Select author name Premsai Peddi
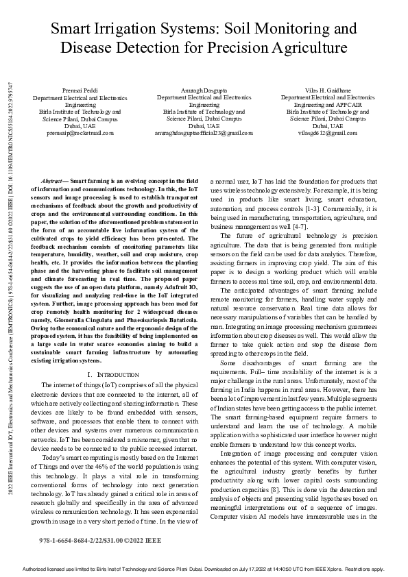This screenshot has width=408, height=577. coord(84,90)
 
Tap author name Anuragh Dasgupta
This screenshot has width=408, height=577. coord(204,90)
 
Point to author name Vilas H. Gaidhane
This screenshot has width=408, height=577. coord(327,90)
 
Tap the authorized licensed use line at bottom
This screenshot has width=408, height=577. coord(204,569)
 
